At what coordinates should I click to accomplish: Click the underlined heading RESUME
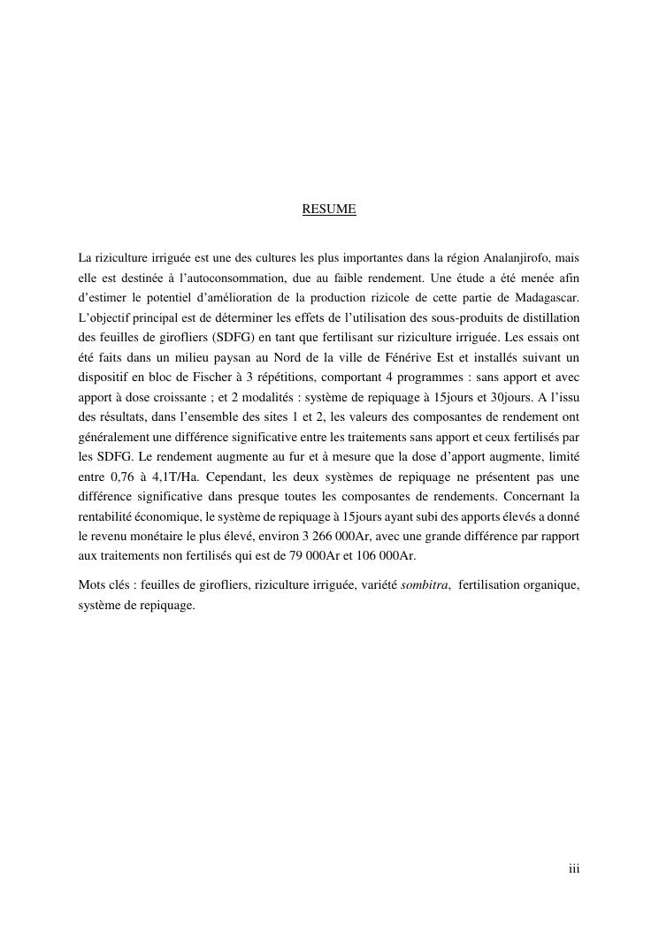329,210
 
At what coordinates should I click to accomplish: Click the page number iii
574,869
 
